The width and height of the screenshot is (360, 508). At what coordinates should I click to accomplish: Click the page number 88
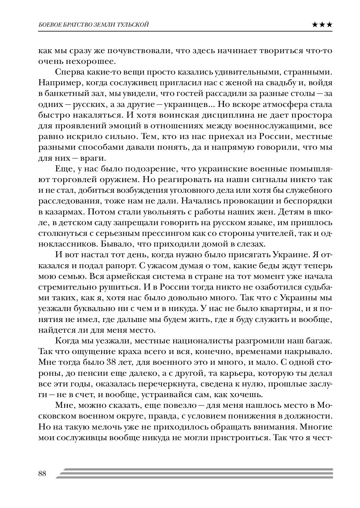(42, 473)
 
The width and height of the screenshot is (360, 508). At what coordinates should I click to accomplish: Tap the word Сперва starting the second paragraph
(67, 72)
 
